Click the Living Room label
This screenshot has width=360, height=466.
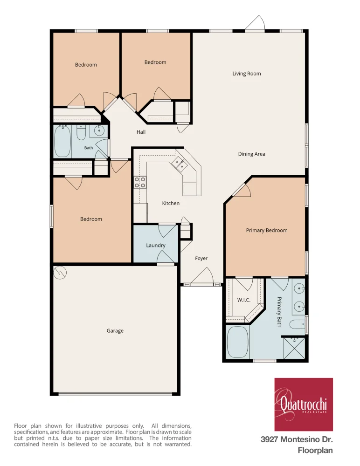tap(247, 74)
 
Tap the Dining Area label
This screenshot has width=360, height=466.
tap(251, 154)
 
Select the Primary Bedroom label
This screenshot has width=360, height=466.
tap(267, 230)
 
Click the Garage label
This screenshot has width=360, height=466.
tap(115, 331)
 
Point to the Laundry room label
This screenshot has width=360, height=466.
tap(156, 246)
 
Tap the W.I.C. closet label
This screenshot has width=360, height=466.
tap(244, 300)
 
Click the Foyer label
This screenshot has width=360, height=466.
tap(201, 258)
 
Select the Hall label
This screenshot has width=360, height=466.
tap(141, 132)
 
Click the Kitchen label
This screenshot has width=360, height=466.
tap(171, 203)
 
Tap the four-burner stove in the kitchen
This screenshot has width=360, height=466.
tap(140, 182)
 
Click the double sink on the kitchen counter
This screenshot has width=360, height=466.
tap(179, 164)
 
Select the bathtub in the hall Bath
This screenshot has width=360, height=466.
tap(62, 141)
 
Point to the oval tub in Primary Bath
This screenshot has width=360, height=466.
tap(237, 342)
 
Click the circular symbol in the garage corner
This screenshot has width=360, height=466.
tap(60, 273)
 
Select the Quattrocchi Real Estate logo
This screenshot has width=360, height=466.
tap(304, 404)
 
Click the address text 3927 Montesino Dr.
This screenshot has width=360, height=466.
tap(297, 439)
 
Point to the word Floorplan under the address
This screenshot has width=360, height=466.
tap(315, 451)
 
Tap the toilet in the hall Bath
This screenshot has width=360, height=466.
tap(81, 132)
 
